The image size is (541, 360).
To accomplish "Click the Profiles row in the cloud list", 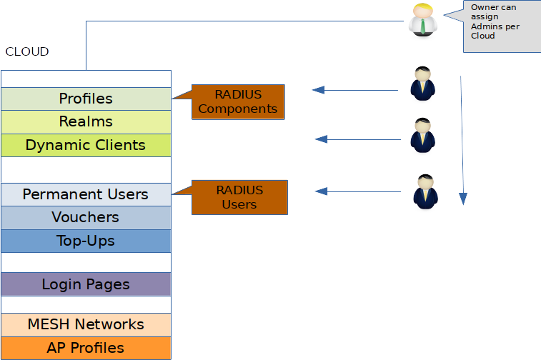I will point(86,99).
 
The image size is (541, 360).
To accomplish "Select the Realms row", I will point(86,121).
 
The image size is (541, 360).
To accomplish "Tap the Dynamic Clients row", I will point(86,145).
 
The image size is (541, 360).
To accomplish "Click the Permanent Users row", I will point(86,194).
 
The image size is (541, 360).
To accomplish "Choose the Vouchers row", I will point(86,217).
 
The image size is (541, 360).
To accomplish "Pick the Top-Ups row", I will point(86,241).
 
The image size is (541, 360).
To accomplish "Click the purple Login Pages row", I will point(86,284).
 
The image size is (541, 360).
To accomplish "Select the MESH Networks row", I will point(86,324).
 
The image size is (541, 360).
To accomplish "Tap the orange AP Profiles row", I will point(86,348).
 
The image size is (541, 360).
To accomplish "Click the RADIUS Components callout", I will point(238,102).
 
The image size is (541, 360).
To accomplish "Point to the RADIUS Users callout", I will point(239,197).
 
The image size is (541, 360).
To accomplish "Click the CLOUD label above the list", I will point(27,52).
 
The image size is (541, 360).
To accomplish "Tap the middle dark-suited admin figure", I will point(422,135).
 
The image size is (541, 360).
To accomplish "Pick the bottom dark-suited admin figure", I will point(425,191).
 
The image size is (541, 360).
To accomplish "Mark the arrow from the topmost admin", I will point(354,90).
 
